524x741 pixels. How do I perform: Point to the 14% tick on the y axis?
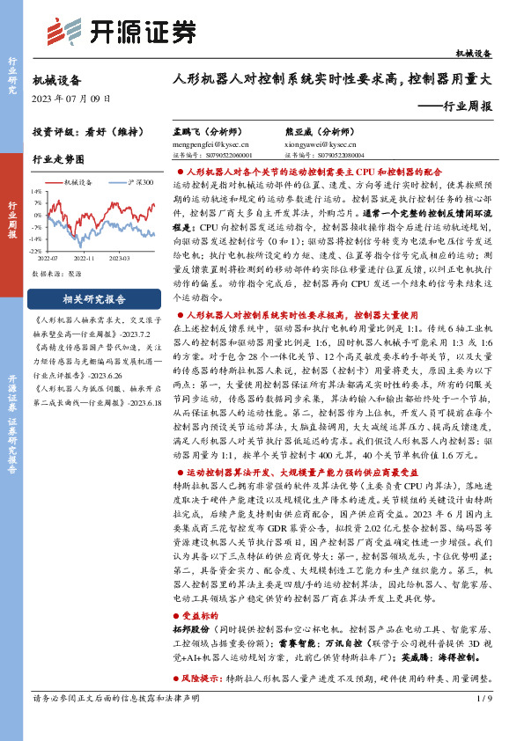36,190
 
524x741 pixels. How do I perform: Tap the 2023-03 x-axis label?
119,259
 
